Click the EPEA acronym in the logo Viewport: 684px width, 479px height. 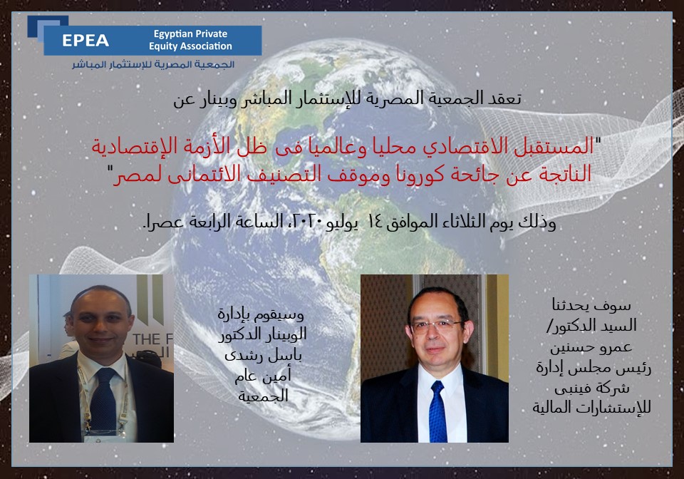point(85,41)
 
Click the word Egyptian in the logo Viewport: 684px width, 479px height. point(172,34)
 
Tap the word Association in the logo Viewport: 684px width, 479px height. point(204,46)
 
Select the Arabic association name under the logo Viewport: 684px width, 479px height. point(153,65)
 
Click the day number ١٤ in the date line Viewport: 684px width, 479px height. point(375,222)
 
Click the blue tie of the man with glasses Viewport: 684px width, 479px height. point(437,411)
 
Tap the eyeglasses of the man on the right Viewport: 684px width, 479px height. point(437,325)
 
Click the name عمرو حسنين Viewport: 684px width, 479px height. point(591,347)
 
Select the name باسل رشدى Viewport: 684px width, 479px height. point(263,356)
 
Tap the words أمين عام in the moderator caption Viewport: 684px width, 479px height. point(263,376)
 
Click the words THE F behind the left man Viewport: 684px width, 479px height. point(152,339)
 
